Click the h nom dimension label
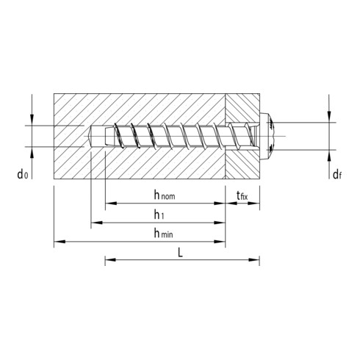point(163,195)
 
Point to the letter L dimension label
point(181,251)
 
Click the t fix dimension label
point(242,195)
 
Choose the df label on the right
point(335,174)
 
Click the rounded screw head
point(270,136)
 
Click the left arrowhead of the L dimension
point(109,259)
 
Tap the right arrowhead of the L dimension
point(256,259)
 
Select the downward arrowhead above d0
point(32,120)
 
